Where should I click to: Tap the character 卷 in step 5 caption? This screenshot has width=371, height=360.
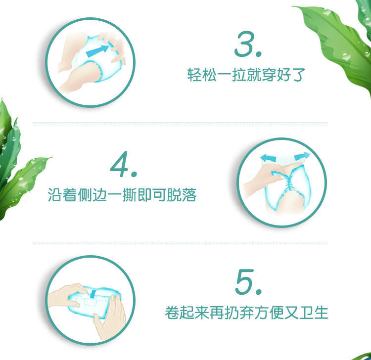tap(172, 313)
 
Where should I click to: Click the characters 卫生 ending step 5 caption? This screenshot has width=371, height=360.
tap(314, 313)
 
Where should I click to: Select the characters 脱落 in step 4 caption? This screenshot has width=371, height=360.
tap(182, 195)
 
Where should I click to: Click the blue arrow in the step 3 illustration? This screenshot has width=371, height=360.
tap(97, 51)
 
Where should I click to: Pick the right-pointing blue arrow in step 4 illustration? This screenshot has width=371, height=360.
tap(302, 156)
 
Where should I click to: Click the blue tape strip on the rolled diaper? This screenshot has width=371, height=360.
tap(93, 294)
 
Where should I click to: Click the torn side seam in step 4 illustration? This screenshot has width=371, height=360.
tap(288, 182)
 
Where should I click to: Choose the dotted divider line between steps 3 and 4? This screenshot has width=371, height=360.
tap(180, 123)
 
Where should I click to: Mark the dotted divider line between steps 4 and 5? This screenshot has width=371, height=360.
tap(180, 243)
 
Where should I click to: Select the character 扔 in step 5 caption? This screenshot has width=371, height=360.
tap(231, 313)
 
